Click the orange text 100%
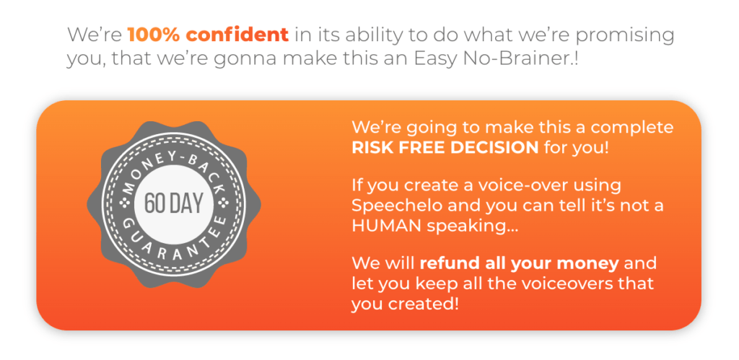coord(154,35)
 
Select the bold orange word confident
coord(237,35)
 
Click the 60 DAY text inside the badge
coord(173,203)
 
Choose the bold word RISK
coord(372,148)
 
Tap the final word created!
coord(423,304)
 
